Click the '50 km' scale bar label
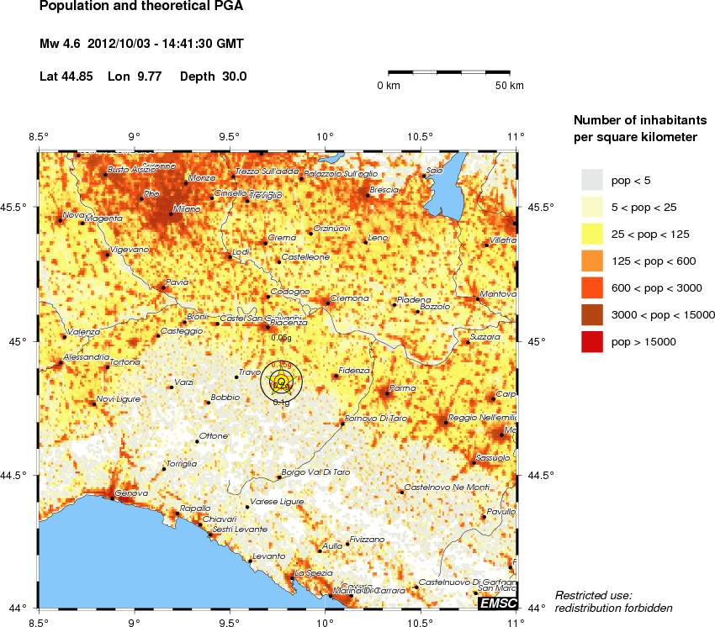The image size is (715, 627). click(x=509, y=86)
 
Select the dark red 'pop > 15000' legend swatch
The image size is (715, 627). click(x=592, y=342)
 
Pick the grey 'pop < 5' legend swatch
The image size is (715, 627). click(x=592, y=179)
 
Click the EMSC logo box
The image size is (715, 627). click(x=497, y=604)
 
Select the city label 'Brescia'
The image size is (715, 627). click(x=384, y=190)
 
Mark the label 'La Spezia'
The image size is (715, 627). click(x=312, y=572)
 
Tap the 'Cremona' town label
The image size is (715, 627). click(x=350, y=298)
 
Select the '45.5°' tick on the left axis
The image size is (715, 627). click(x=18, y=208)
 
